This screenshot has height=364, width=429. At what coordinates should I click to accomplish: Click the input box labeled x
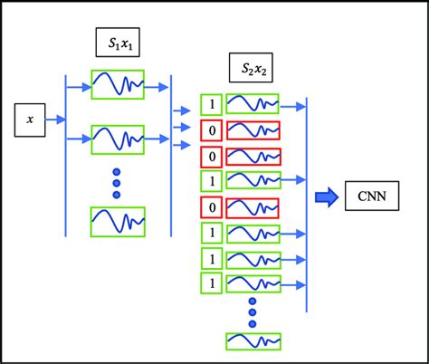(31, 119)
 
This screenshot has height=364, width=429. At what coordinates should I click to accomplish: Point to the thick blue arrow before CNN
(325, 196)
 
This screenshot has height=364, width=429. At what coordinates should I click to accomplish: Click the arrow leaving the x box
(55, 119)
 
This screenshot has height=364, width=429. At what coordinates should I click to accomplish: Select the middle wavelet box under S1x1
(118, 139)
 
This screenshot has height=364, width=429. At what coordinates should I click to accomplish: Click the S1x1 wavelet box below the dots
(118, 220)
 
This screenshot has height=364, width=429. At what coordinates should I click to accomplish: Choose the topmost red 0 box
(209, 129)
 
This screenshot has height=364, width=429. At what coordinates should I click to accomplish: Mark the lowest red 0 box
(209, 208)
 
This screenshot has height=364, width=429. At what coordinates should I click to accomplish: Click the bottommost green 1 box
(209, 284)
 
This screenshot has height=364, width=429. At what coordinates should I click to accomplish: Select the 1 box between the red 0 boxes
(209, 181)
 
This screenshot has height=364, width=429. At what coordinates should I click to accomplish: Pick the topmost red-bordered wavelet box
(252, 129)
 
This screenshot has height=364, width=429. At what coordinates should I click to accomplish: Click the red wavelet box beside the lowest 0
(252, 208)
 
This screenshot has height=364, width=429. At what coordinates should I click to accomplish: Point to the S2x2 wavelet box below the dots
(252, 340)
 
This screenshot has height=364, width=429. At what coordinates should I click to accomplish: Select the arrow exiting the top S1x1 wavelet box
(157, 87)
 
